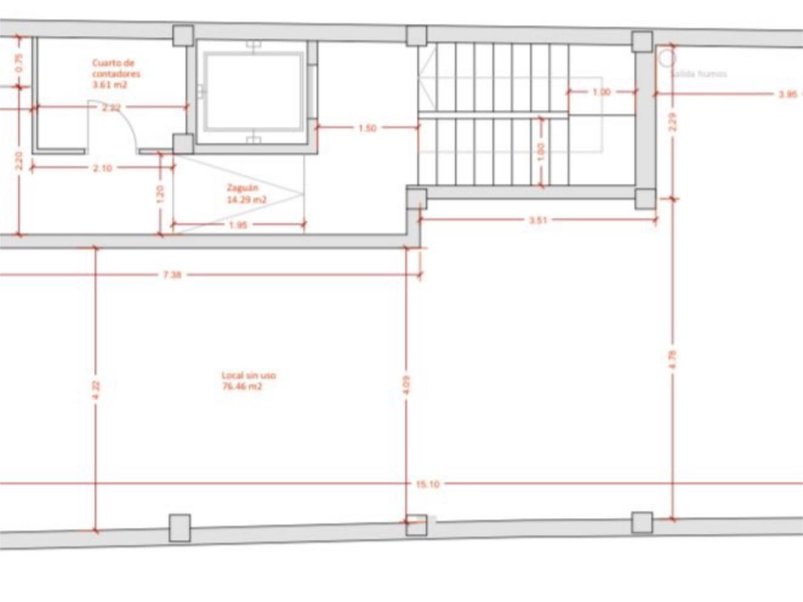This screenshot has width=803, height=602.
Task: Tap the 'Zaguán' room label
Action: (243, 188)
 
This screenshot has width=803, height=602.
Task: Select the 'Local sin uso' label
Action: (248, 375)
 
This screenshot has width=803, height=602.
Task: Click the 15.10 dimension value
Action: (427, 484)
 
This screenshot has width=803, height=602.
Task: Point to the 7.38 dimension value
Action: (172, 275)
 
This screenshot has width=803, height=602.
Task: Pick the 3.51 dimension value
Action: (538, 220)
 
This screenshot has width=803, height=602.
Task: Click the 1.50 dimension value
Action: (367, 128)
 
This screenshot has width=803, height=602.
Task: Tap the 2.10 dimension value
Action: (102, 168)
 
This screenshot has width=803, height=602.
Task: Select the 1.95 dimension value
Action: (238, 225)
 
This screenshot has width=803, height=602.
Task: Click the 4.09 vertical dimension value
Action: (407, 385)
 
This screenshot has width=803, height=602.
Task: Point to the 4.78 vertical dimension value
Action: (673, 359)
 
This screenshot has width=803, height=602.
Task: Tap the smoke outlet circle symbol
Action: (666, 59)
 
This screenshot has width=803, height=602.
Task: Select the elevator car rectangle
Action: (253, 91)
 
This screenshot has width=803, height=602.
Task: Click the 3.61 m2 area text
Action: (109, 85)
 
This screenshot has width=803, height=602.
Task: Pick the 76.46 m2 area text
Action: (242, 386)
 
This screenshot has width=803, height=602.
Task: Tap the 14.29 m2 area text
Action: (246, 200)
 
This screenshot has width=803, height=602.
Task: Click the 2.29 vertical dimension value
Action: (673, 122)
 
